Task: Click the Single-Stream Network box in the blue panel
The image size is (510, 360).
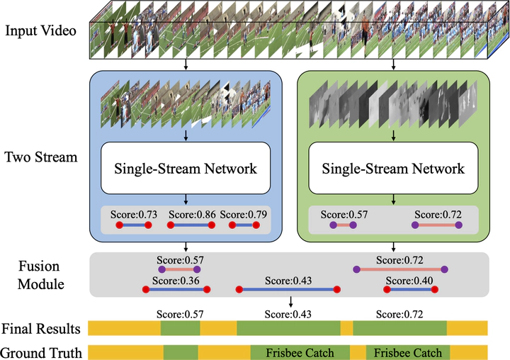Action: pyautogui.click(x=186, y=168)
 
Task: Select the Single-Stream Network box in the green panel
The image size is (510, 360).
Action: pyautogui.click(x=393, y=168)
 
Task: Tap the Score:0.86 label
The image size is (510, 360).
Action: pyautogui.click(x=192, y=213)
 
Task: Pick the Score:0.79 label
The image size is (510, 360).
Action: pyautogui.click(x=244, y=213)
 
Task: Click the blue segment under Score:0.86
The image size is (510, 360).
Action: pyautogui.click(x=192, y=225)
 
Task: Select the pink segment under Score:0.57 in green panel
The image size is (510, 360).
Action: pyautogui.click(x=343, y=225)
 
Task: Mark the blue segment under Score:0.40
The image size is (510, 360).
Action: pyautogui.click(x=412, y=289)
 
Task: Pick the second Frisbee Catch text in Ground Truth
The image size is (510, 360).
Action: pyautogui.click(x=408, y=352)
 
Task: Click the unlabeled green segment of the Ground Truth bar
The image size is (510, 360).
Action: pyautogui.click(x=181, y=352)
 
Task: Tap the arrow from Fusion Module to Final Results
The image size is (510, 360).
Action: pyautogui.click(x=291, y=302)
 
